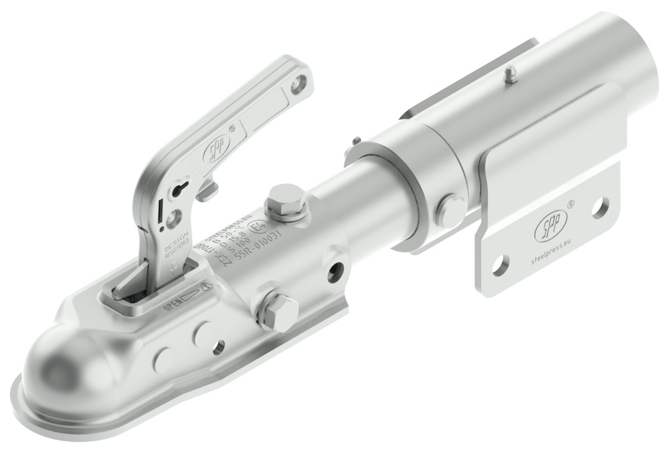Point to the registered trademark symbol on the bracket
pyautogui.click(x=570, y=205)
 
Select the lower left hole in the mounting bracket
pyautogui.click(x=500, y=264)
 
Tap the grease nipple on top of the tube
pyautogui.click(x=510, y=75)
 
